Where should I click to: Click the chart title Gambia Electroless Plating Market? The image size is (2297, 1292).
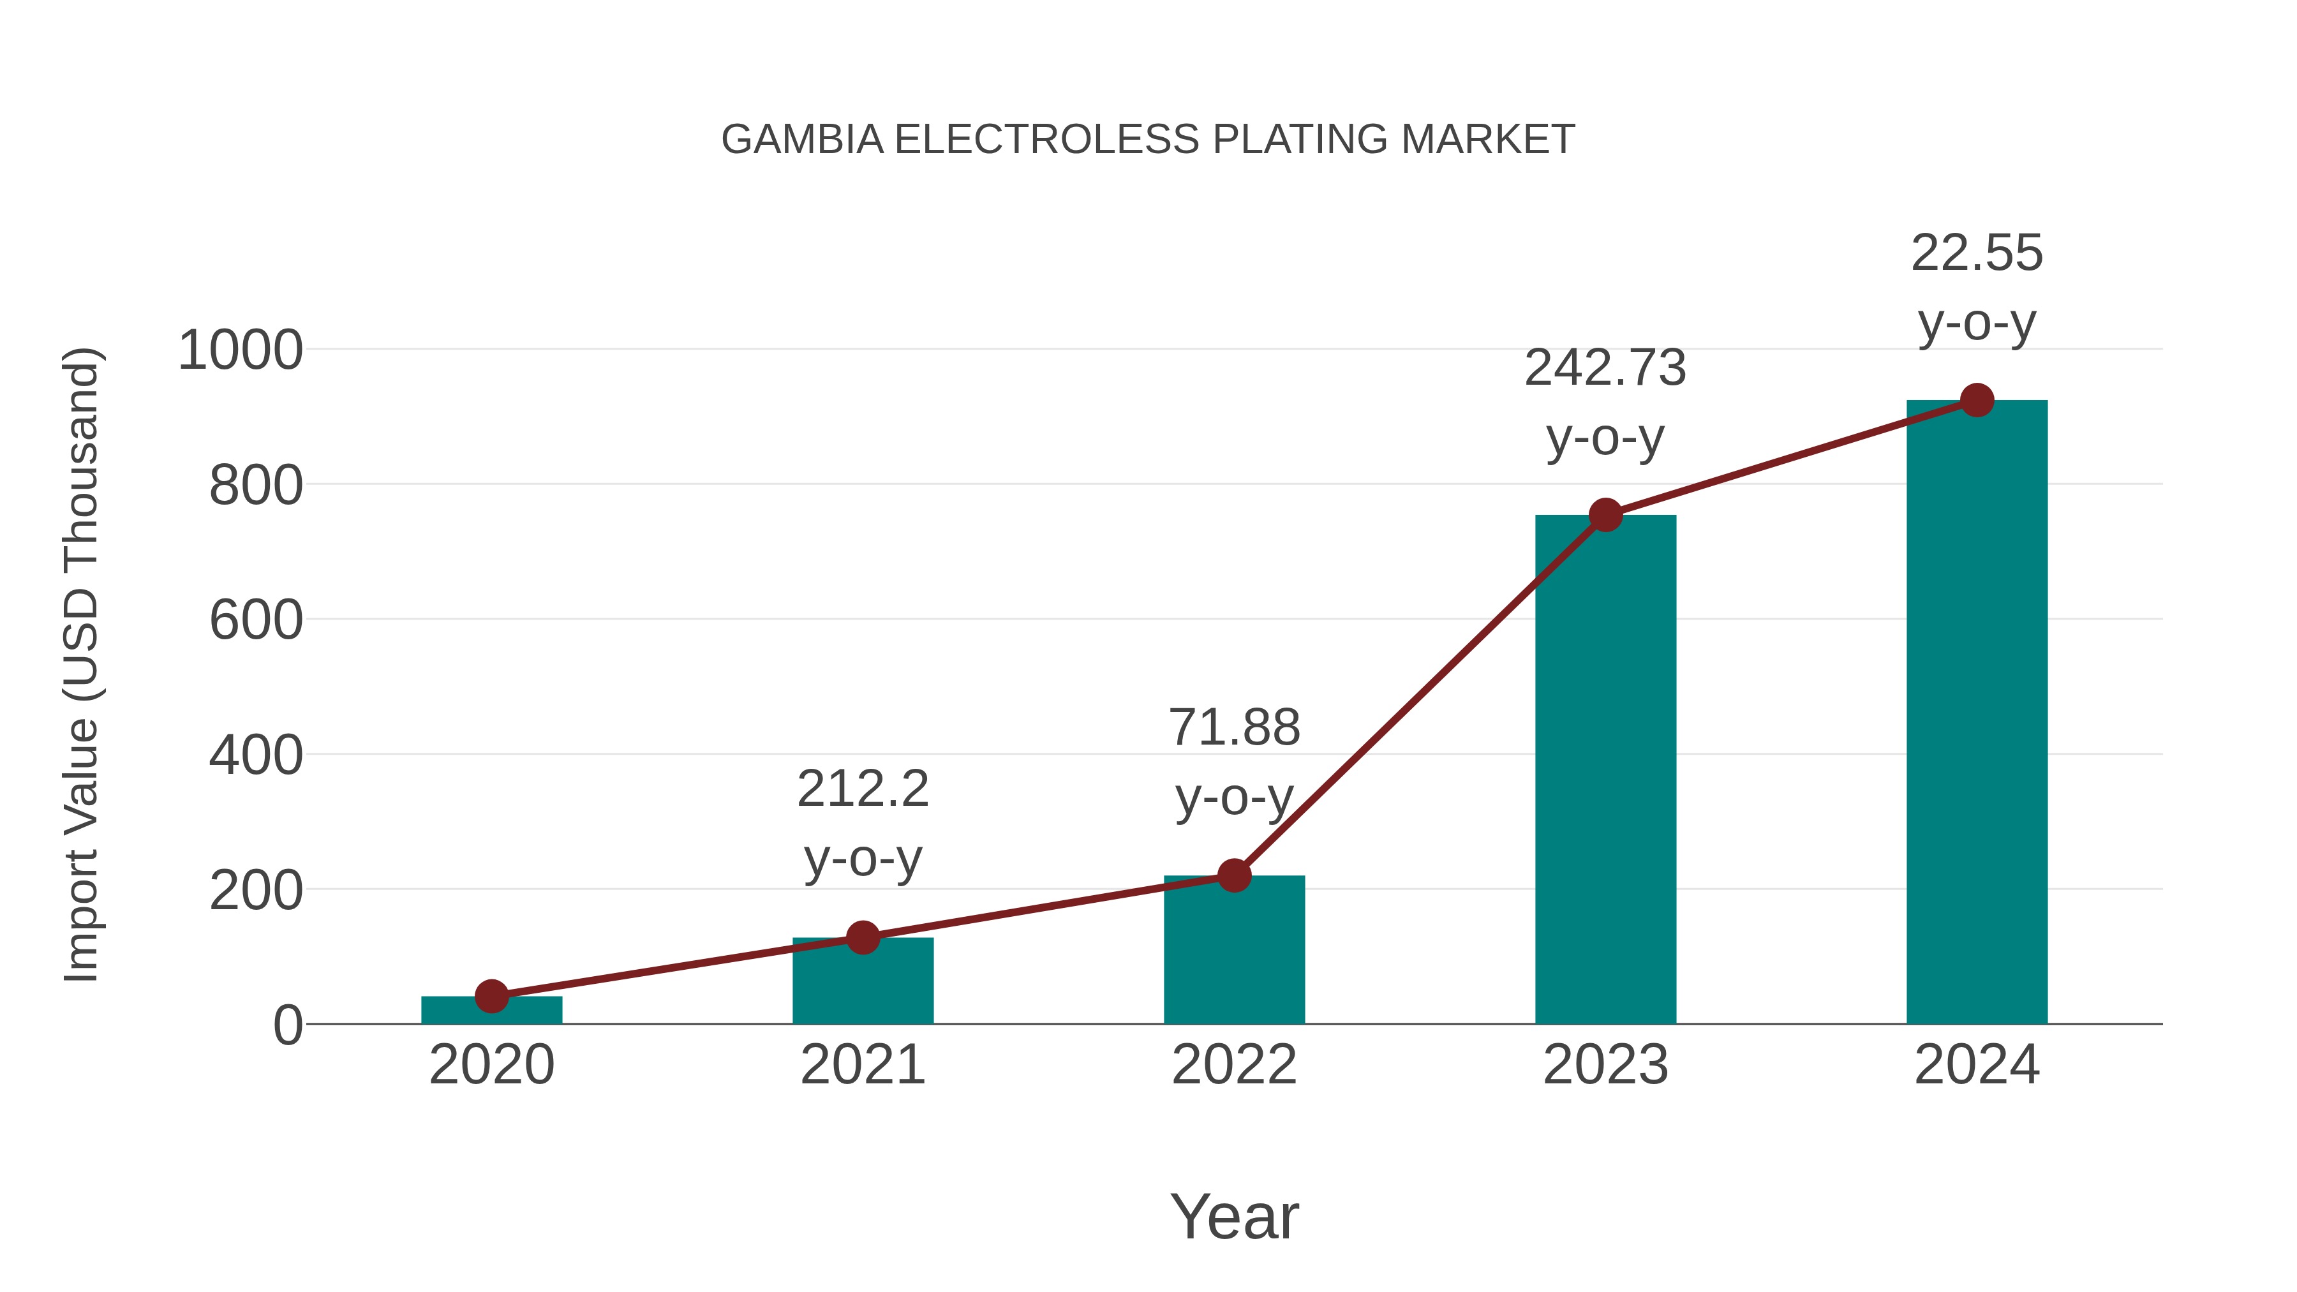[x=1148, y=140]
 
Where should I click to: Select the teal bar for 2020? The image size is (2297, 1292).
[x=491, y=1010]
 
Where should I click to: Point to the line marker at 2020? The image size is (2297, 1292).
[x=491, y=996]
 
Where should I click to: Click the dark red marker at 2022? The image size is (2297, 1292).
[x=1234, y=875]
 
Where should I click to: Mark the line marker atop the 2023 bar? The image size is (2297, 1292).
[x=1605, y=514]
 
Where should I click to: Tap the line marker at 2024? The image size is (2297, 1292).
[x=1976, y=400]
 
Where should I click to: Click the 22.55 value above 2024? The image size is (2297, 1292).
[x=1976, y=253]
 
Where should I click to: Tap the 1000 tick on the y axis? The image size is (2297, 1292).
[x=241, y=350]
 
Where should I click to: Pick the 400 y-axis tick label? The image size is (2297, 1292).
[x=256, y=756]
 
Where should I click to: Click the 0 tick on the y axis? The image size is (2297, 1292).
[x=287, y=1025]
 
